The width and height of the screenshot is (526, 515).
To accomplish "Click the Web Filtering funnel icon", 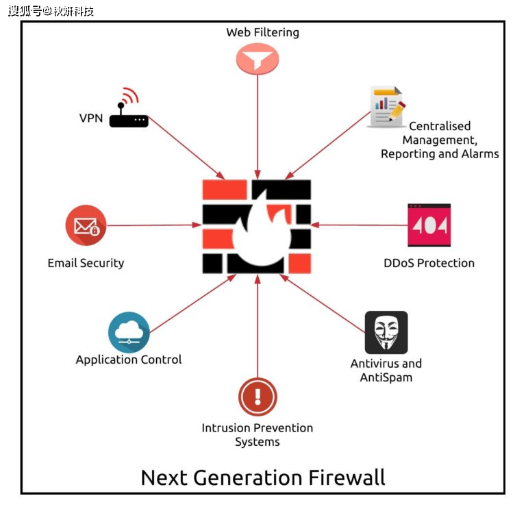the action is (258, 59).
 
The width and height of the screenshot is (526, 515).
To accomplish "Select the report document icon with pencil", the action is (386, 107).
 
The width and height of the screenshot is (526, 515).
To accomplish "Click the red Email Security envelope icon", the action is (86, 225).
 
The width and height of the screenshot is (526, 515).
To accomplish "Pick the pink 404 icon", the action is (429, 225).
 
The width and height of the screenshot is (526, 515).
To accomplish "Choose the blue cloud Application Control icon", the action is (129, 332).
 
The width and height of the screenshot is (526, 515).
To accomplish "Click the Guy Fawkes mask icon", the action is (386, 332).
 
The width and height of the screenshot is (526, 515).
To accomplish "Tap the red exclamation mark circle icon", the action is (258, 397).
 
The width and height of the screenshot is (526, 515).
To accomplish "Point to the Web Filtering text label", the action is (263, 33).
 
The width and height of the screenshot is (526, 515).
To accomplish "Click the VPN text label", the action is (91, 118).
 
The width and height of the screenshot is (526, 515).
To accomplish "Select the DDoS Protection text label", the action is (429, 263).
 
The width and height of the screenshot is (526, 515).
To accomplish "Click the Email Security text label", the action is (86, 263).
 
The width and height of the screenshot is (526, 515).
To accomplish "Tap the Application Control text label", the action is (129, 360).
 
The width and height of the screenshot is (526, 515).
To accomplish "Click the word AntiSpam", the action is (386, 377).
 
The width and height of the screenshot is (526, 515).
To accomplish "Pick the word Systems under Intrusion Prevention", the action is (258, 442).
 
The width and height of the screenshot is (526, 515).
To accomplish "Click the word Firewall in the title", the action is (347, 477).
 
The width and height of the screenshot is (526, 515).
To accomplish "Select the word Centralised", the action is (440, 126).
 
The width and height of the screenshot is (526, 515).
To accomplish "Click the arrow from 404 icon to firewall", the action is (359, 225).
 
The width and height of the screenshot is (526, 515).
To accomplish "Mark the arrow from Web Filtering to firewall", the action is (258, 127).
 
